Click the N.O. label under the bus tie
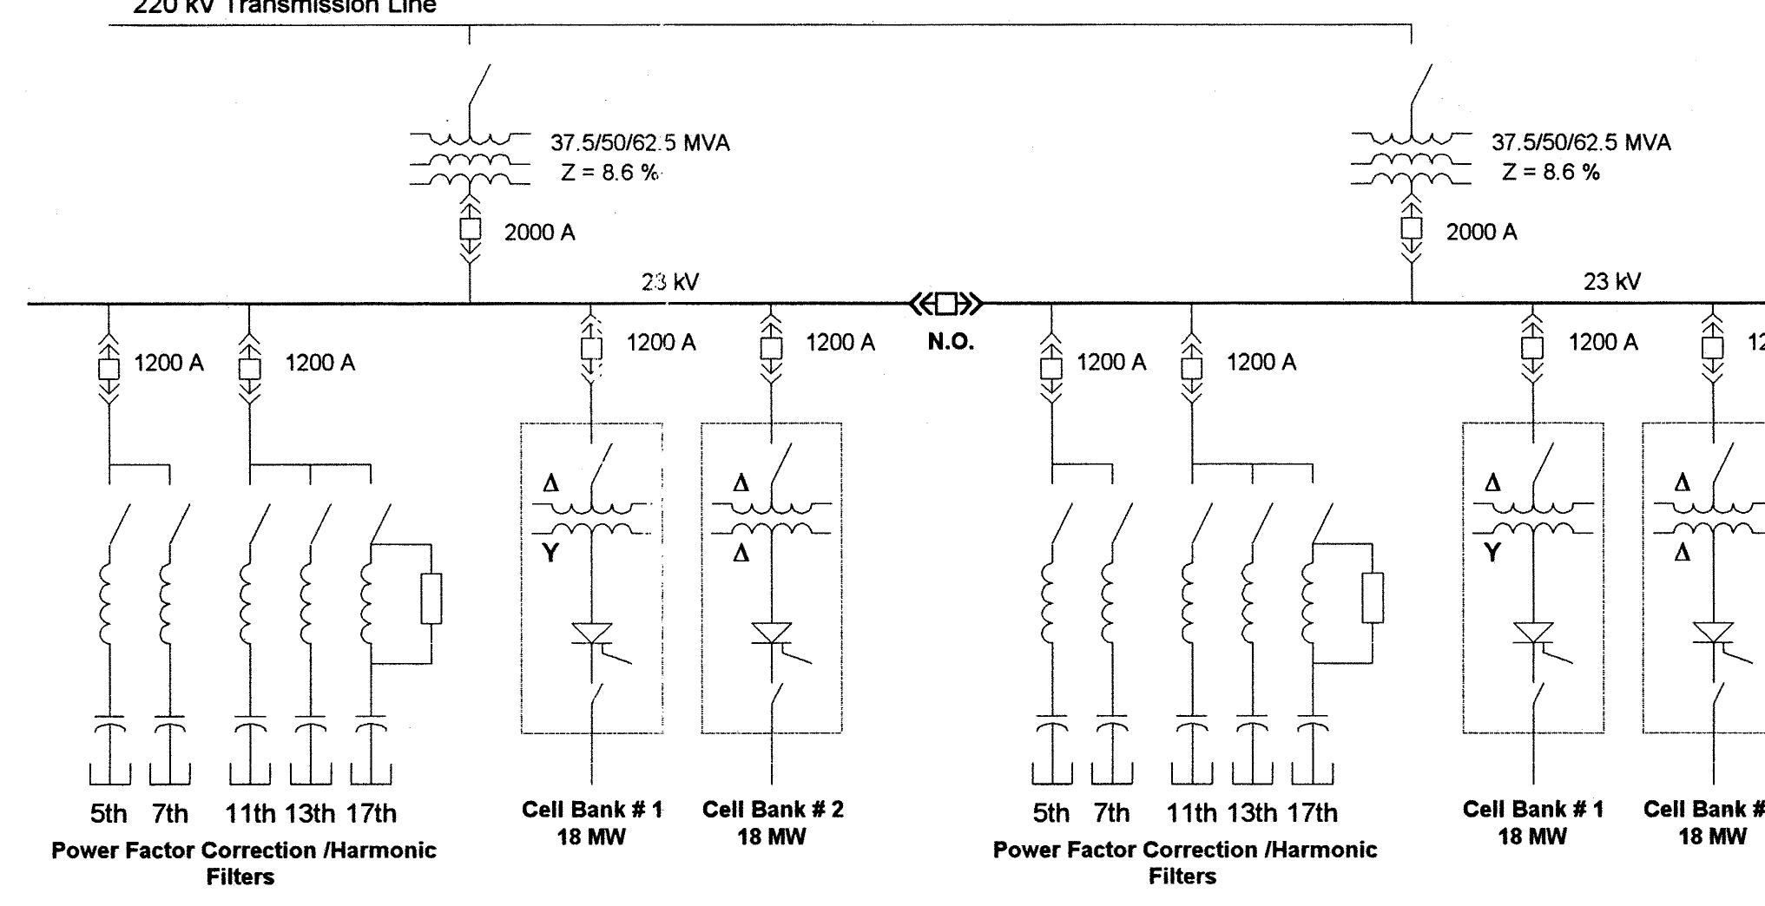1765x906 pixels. pyautogui.click(x=951, y=342)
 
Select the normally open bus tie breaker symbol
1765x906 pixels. pyautogui.click(x=946, y=304)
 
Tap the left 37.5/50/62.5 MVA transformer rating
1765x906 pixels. pyautogui.click(x=640, y=142)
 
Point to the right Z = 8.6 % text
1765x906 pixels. pyautogui.click(x=1551, y=172)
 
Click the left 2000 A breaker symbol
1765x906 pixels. pyautogui.click(x=470, y=229)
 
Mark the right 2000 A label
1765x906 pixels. pyautogui.click(x=1481, y=232)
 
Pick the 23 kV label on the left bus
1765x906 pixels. pyautogui.click(x=669, y=282)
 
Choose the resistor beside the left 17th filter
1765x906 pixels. pyautogui.click(x=431, y=598)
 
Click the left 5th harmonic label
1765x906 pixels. pyautogui.click(x=109, y=813)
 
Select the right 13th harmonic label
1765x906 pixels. pyautogui.click(x=1252, y=813)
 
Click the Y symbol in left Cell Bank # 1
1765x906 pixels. pyautogui.click(x=550, y=552)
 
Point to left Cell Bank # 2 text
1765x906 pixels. pyautogui.click(x=772, y=810)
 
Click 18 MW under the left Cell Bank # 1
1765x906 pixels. pyautogui.click(x=591, y=837)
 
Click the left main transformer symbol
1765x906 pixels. pyautogui.click(x=470, y=161)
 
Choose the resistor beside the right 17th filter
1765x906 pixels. pyautogui.click(x=1373, y=597)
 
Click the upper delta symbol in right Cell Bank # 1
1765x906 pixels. pyautogui.click(x=1492, y=483)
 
